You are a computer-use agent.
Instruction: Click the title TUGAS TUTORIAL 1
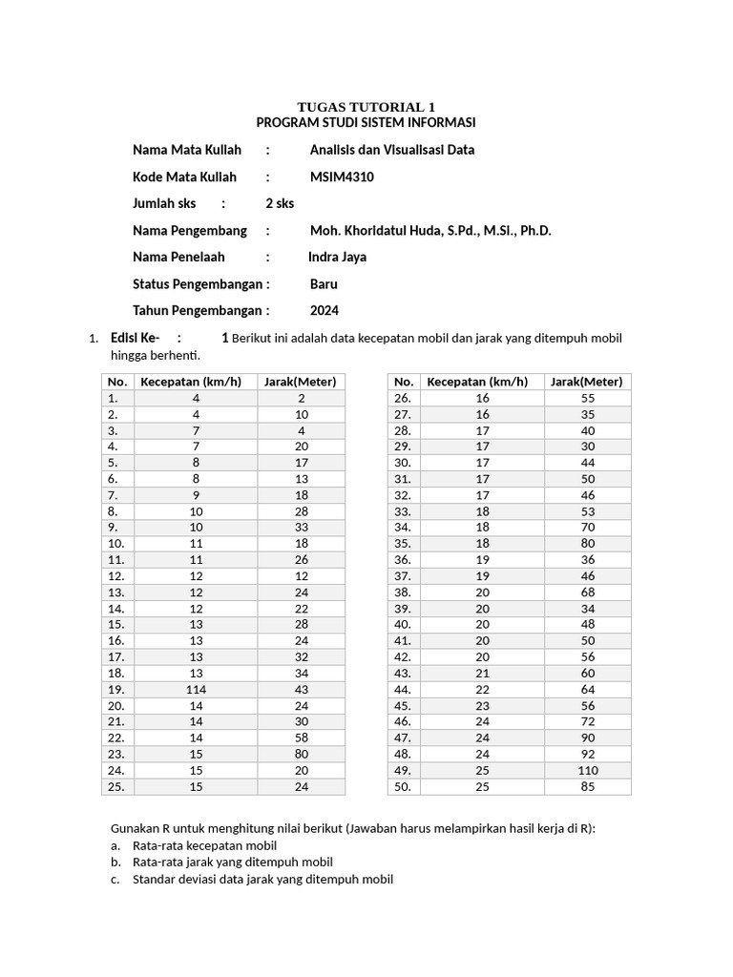click(366, 107)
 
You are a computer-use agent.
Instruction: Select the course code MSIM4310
click(342, 177)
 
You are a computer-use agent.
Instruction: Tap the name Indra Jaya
click(337, 257)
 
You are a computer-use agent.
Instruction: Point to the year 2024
click(325, 310)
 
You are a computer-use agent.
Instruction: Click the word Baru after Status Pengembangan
click(324, 283)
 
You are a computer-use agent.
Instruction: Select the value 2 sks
click(280, 203)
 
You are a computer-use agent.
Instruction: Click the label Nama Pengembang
click(189, 230)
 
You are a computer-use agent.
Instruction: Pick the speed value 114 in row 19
click(196, 689)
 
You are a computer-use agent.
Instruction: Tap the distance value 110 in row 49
click(587, 770)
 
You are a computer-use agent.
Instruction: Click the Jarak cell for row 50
click(587, 787)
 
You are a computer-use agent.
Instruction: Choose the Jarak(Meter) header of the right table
click(587, 382)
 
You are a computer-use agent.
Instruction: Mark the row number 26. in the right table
click(402, 398)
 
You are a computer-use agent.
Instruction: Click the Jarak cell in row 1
click(301, 398)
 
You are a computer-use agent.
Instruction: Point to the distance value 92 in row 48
click(587, 754)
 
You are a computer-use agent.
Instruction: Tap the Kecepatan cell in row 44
click(482, 689)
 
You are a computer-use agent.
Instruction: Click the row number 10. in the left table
click(116, 543)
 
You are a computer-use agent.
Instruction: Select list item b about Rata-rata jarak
click(232, 863)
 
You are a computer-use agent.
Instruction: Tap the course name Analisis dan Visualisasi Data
click(391, 150)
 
